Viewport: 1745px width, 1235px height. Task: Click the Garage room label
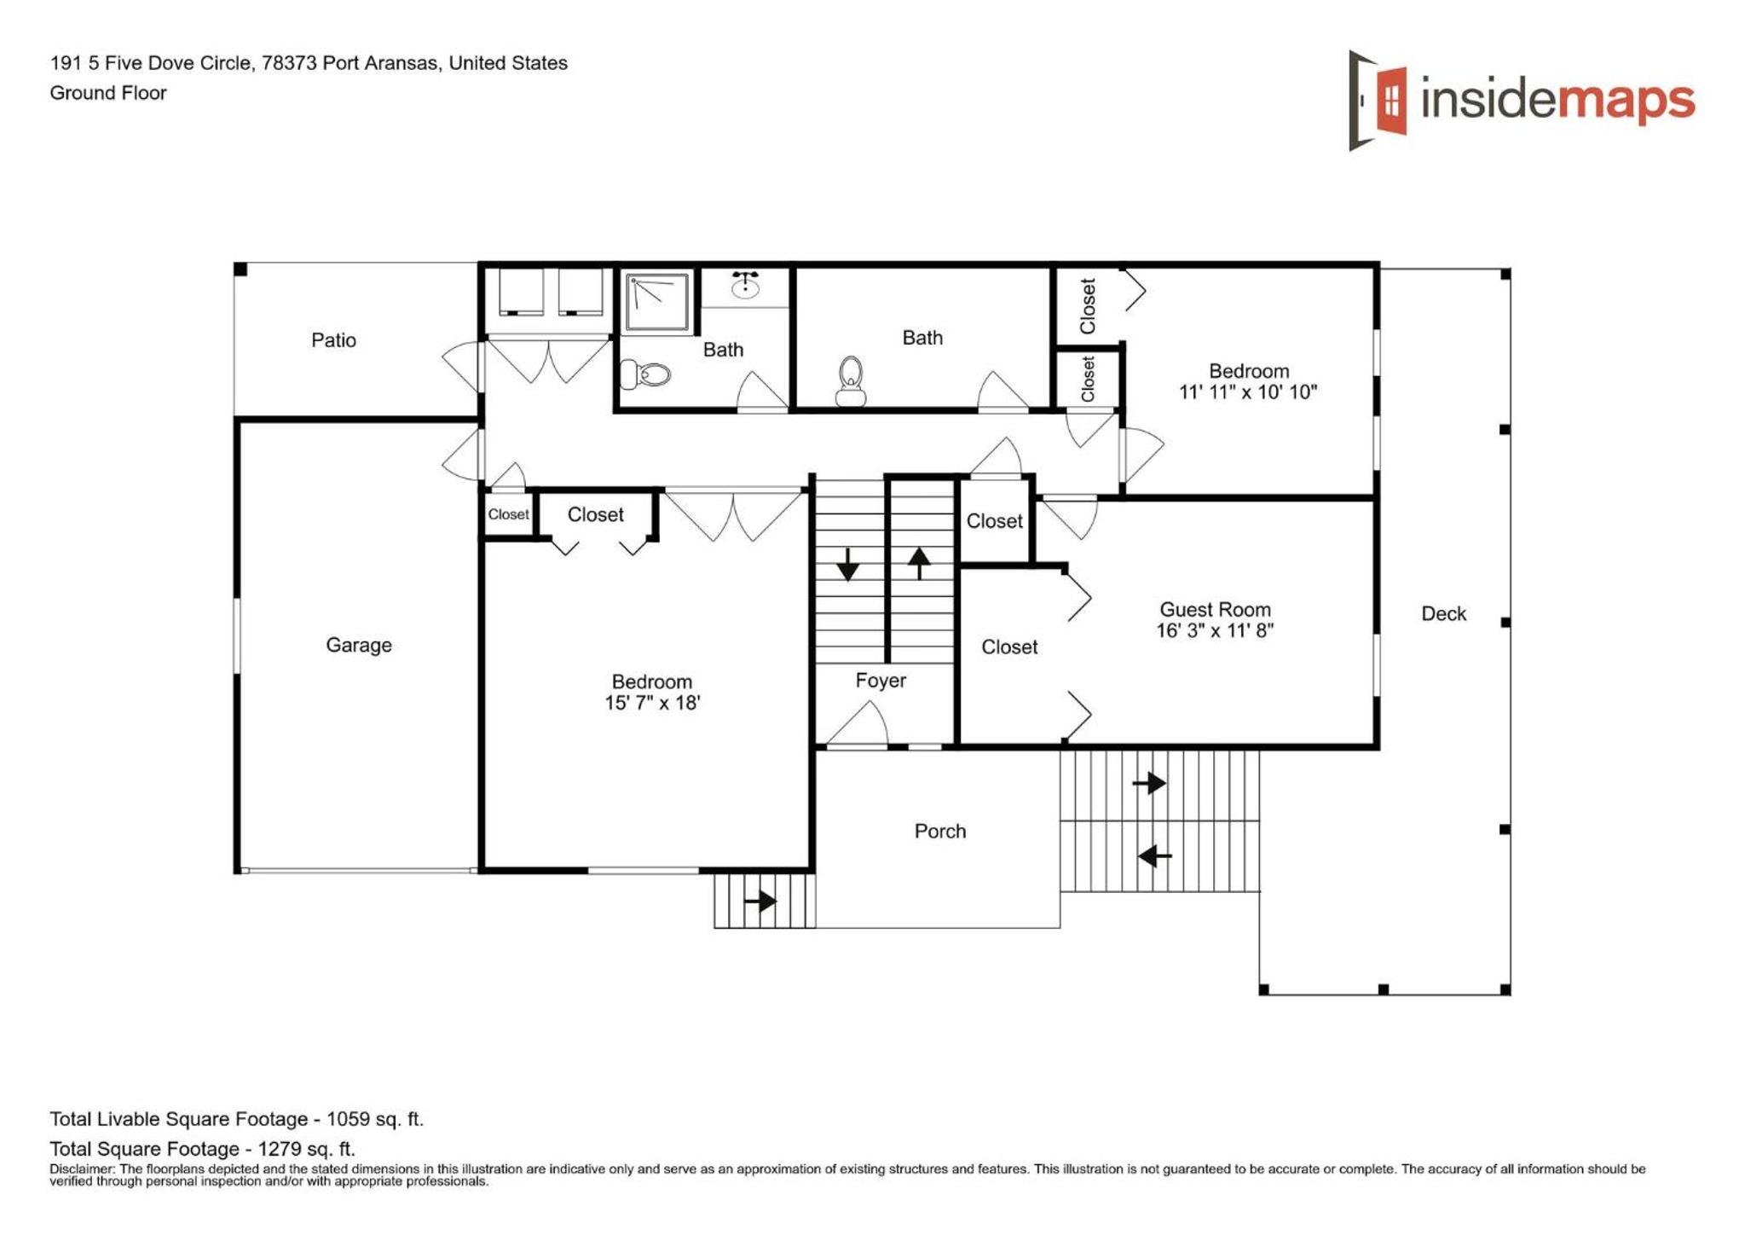(x=358, y=646)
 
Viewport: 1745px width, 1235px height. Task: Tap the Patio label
(x=333, y=340)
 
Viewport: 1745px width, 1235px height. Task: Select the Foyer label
(x=881, y=681)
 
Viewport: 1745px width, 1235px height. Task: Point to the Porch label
(x=940, y=831)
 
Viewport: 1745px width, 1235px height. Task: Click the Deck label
(x=1443, y=613)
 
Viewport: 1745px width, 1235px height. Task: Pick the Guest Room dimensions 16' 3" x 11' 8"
(x=1215, y=630)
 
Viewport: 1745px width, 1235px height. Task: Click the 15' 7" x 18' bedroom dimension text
(x=652, y=703)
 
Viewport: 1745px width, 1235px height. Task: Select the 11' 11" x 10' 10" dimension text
(x=1248, y=392)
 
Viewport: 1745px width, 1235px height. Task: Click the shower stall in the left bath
(x=657, y=301)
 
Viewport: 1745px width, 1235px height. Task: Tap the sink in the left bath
(x=746, y=285)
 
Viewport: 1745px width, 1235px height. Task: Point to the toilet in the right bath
(x=851, y=381)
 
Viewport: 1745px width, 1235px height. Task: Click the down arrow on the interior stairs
(x=847, y=565)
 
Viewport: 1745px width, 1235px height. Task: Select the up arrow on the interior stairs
(x=919, y=563)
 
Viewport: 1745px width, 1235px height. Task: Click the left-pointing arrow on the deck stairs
(x=1155, y=855)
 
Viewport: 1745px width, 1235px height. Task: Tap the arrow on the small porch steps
(x=760, y=901)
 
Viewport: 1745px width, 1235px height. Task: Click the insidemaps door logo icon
(x=1377, y=100)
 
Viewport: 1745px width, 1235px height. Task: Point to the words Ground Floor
(x=108, y=93)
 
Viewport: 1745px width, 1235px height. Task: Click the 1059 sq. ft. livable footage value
(x=375, y=1119)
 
